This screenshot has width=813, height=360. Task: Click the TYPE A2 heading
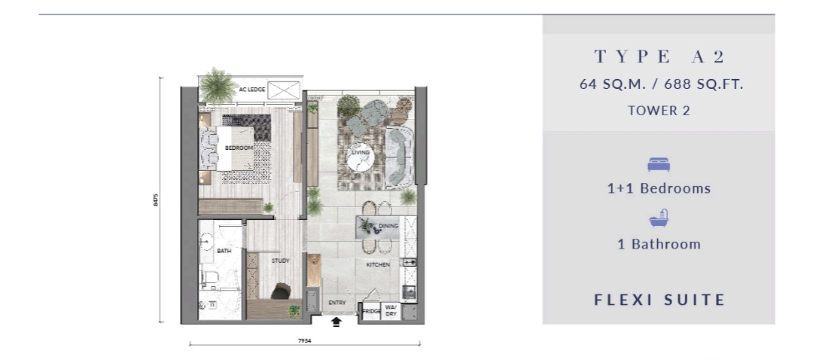[x=658, y=56]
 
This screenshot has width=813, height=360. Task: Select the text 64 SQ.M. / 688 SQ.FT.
[x=658, y=84]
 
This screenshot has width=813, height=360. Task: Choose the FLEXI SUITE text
[x=659, y=300]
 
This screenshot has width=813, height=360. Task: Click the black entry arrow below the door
[x=336, y=322]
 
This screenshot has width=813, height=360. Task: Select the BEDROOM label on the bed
[x=239, y=148]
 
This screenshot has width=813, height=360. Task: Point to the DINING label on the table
[x=388, y=226]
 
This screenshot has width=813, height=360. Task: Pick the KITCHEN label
[x=377, y=265]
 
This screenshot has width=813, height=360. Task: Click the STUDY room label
[x=280, y=261]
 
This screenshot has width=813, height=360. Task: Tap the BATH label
[x=224, y=251]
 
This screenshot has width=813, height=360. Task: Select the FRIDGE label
[x=370, y=311]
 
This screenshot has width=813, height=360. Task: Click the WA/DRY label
[x=391, y=311]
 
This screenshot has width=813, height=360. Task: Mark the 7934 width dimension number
[x=304, y=340]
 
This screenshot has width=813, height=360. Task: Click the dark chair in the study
[x=282, y=291]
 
